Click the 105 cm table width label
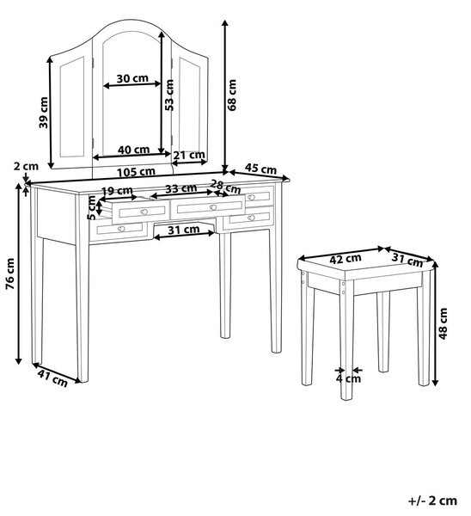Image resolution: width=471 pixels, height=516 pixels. [x=136, y=172]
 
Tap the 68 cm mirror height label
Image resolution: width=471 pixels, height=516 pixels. [x=232, y=95]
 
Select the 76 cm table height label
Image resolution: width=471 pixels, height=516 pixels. [x=10, y=274]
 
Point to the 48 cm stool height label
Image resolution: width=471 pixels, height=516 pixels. [x=443, y=323]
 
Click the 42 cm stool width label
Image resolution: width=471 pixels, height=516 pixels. [x=346, y=259]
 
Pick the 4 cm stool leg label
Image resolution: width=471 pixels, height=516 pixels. [x=348, y=378]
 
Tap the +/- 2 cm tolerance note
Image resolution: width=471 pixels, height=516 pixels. [x=432, y=501]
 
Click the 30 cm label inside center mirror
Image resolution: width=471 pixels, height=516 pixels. [x=132, y=78]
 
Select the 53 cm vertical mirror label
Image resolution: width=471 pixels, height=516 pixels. [x=169, y=95]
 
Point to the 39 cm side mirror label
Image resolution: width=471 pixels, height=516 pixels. [x=43, y=113]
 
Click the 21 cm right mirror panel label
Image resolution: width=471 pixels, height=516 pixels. [x=189, y=155]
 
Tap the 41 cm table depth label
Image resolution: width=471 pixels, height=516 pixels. [x=52, y=378]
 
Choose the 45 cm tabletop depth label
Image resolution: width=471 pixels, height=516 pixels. [x=260, y=169]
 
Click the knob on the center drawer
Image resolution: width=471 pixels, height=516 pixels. [x=213, y=207]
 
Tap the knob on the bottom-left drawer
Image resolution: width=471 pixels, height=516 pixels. [x=121, y=229]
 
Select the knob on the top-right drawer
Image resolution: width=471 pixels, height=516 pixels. [x=251, y=197]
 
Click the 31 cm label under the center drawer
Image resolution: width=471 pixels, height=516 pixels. [x=184, y=230]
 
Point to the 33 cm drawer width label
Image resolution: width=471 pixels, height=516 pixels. [x=180, y=189]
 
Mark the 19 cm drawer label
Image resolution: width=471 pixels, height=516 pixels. [x=117, y=191]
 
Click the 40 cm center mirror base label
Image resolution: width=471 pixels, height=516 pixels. [x=133, y=150]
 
